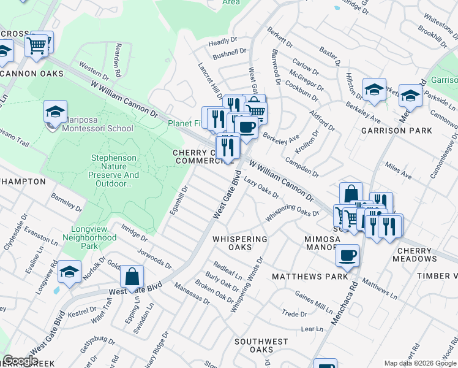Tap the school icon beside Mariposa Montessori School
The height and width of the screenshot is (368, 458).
click(x=55, y=112)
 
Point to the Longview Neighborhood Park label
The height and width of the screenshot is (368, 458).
click(x=90, y=242)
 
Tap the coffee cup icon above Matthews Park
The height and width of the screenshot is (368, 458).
click(x=347, y=255)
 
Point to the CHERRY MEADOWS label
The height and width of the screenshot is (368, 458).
click(x=426, y=255)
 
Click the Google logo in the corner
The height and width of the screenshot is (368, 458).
click(x=21, y=361)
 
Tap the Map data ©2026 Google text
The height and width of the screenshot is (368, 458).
click(x=420, y=363)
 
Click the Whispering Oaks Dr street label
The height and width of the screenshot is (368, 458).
click(x=293, y=214)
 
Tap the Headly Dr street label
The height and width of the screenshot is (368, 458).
click(x=222, y=42)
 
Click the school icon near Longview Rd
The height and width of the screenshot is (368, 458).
click(x=70, y=272)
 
